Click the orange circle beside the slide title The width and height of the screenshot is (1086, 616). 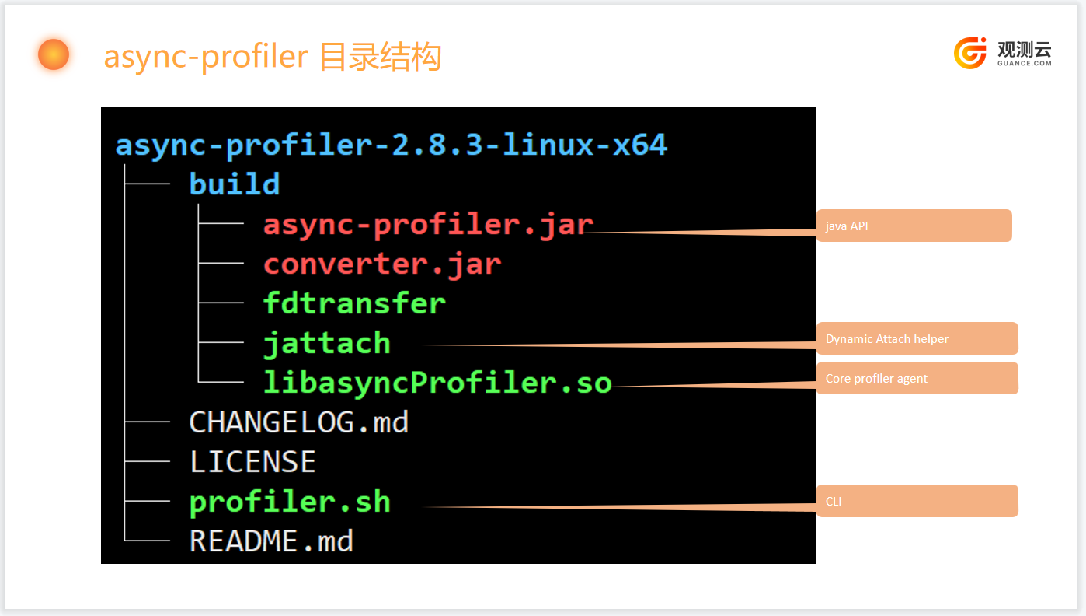54,54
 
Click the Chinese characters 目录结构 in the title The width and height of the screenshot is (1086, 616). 381,56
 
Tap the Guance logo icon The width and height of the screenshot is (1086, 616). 969,53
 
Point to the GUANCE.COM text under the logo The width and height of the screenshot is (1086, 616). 1025,63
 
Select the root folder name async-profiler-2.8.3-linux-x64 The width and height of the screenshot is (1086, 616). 392,145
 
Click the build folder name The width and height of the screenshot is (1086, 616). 235,184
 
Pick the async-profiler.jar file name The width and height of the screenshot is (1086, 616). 428,226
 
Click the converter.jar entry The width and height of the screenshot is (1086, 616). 382,265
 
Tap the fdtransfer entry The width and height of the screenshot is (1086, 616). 354,303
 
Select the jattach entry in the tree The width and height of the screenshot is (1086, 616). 327,344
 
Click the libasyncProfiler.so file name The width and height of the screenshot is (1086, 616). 437,383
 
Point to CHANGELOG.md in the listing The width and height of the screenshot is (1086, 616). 298,422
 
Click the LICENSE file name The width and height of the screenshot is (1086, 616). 252,462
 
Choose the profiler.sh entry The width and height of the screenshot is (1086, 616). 290,502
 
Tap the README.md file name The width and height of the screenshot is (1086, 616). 271,541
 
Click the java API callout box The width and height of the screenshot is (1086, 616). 914,226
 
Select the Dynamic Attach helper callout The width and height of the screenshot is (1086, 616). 917,338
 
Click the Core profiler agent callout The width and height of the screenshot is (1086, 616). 917,378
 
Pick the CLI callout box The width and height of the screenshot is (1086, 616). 917,501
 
